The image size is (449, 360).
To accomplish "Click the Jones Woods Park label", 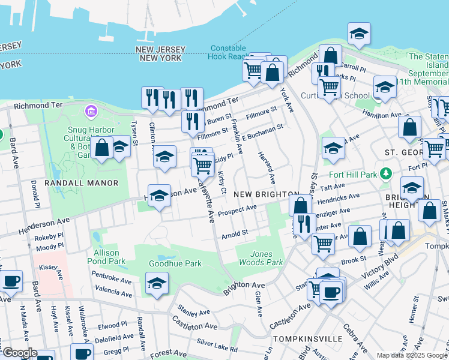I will pyautogui.click(x=265, y=258).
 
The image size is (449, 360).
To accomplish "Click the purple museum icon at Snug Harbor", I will pyautogui.click(x=91, y=111).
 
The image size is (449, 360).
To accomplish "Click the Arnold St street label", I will pyautogui.click(x=235, y=233).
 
